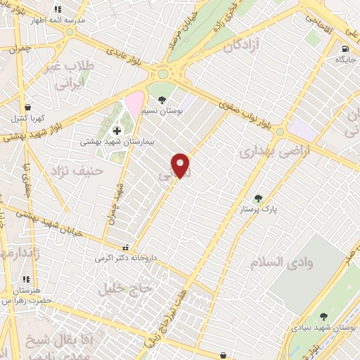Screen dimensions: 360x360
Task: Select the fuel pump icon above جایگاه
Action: tap(345, 49)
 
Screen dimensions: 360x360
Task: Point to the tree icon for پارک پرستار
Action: tap(258, 198)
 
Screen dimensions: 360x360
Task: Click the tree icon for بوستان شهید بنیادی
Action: tap(323, 317)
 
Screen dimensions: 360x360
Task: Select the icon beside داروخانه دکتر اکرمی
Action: tap(125, 247)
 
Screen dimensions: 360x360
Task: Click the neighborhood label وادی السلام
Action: tap(280, 262)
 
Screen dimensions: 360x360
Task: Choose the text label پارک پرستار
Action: tap(259, 210)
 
